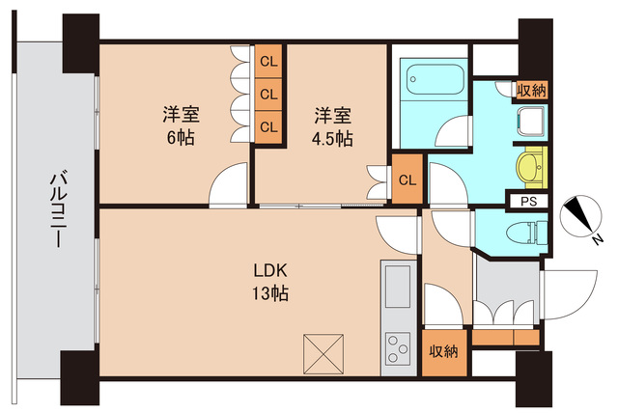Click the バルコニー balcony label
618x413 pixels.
(56, 209)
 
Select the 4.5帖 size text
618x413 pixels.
(332, 137)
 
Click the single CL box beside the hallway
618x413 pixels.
(407, 179)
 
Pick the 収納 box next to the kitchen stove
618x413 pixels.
(444, 351)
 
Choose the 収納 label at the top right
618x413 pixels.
(530, 90)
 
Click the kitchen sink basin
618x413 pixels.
(397, 287)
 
